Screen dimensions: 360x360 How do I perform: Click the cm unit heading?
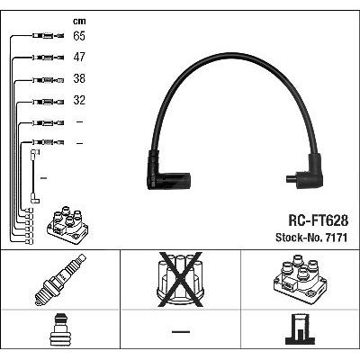pyautogui.click(x=79, y=22)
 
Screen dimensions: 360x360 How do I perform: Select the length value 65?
pyautogui.click(x=79, y=36)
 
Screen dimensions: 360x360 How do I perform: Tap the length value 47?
pyautogui.click(x=79, y=57)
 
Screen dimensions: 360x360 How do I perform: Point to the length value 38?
pyautogui.click(x=79, y=78)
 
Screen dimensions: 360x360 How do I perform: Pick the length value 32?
pyautogui.click(x=79, y=100)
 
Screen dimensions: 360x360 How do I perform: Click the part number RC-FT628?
pyautogui.click(x=318, y=220)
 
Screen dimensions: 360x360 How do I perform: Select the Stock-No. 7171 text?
pyautogui.click(x=311, y=238)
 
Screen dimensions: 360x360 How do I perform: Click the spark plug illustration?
pyautogui.click(x=60, y=280)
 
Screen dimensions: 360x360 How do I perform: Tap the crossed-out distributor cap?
pyautogui.click(x=180, y=280)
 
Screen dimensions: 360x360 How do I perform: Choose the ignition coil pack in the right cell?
pyautogui.click(x=300, y=279)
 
